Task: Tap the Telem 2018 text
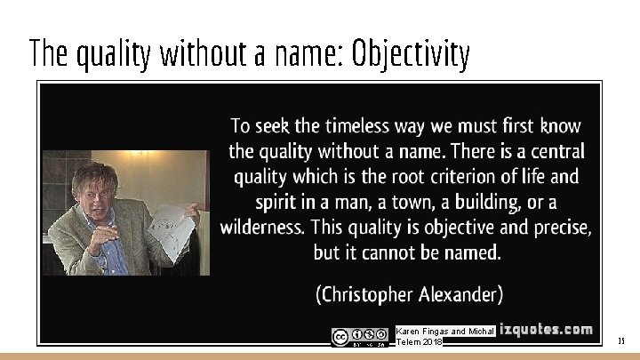(419, 342)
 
